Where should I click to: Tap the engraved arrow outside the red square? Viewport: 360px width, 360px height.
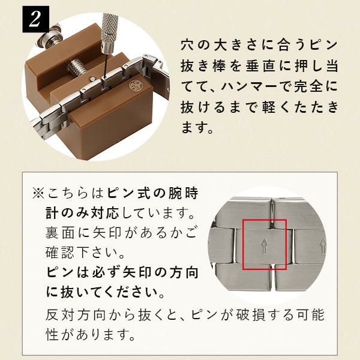323,246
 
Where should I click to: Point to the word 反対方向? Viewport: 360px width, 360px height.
74,315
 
